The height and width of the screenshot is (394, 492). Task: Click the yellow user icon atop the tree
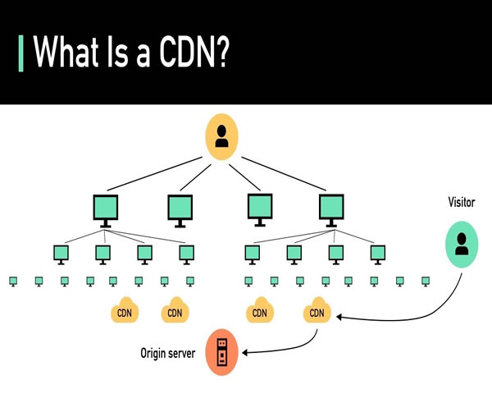pos(221,136)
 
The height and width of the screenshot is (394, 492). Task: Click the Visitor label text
pos(462,201)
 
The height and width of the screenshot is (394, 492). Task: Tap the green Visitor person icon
pos(462,245)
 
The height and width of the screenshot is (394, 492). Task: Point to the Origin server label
pos(166,353)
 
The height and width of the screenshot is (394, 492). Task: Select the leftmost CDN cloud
pos(125,312)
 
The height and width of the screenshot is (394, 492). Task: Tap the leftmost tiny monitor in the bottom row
pos(13,282)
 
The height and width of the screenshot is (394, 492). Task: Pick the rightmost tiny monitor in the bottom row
pos(425,282)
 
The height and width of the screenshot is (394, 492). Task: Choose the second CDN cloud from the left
pos(175,312)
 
